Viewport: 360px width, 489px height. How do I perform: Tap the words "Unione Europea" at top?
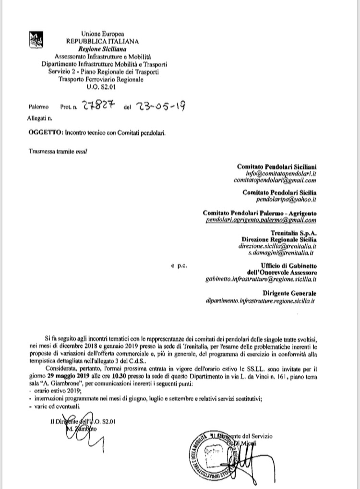tap(102, 34)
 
